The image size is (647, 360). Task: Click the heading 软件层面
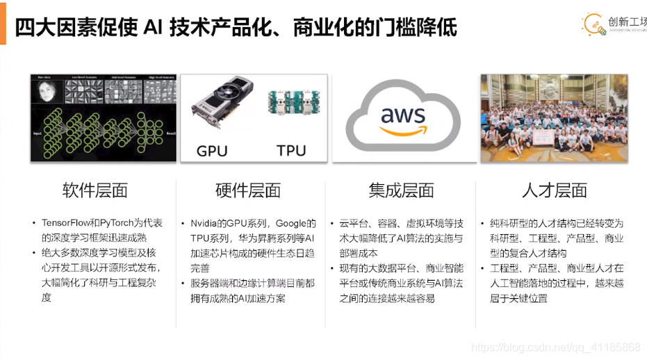click(95, 190)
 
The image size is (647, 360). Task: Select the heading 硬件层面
click(248, 190)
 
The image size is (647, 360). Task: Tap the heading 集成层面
click(401, 190)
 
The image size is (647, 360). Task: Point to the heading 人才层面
click(554, 190)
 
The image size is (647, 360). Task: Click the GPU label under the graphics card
click(212, 151)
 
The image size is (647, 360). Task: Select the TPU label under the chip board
click(291, 151)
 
